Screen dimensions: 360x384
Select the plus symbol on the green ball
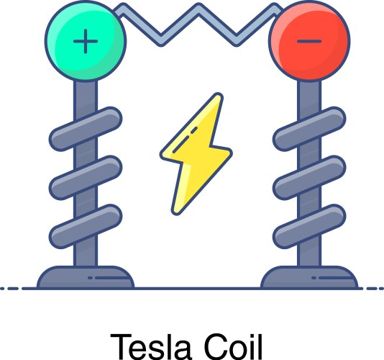coord(86,41)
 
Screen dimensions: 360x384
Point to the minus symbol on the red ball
coord(309,41)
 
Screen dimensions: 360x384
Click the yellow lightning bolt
coord(195,153)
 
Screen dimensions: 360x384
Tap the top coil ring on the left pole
coord(84,127)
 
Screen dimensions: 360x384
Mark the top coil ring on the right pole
coord(309,127)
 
